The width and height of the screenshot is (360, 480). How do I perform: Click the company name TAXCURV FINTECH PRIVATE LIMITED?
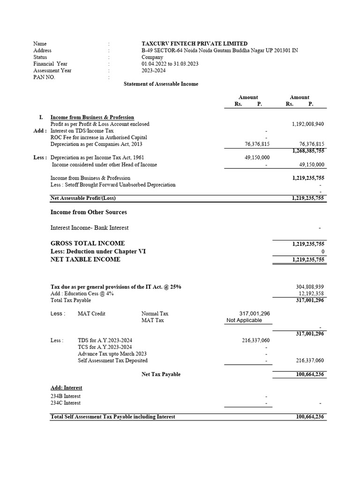coord(195,44)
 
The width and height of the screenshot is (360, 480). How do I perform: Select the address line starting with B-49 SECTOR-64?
coord(219,50)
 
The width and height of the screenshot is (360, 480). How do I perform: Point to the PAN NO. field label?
coord(44,77)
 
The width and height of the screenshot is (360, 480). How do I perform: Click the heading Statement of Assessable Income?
coord(161,84)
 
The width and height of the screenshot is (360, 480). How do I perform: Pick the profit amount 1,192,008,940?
coord(307,124)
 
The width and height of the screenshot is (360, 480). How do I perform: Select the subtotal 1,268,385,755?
coord(308,151)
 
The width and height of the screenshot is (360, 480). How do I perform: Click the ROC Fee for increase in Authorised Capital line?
coord(99,137)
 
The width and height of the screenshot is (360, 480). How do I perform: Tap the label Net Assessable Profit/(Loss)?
coord(83,198)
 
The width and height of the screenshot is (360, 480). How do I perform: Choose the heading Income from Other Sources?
coord(89,212)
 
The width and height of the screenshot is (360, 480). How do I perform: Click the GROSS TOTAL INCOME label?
coord(88,243)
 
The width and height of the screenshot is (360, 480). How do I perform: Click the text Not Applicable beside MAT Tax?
coord(244,321)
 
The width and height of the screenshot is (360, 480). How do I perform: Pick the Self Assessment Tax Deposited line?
coord(112,360)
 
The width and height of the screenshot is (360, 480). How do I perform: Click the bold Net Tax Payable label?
coord(161,375)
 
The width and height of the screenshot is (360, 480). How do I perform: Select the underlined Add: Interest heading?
coord(66,388)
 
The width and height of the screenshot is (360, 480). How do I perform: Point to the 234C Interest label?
coord(65,403)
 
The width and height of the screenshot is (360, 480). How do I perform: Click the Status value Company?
coord(152,57)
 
